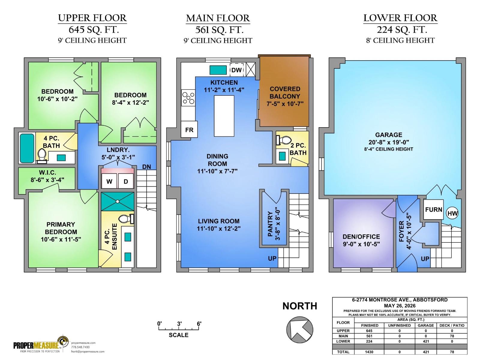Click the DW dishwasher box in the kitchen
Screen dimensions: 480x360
(x=236, y=70)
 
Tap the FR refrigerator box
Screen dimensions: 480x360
(x=189, y=129)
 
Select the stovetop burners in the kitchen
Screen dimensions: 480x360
(x=188, y=98)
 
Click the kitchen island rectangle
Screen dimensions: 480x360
(x=224, y=116)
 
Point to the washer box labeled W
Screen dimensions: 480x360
(x=109, y=181)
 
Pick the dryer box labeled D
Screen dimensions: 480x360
(x=126, y=181)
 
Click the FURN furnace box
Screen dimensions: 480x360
(x=433, y=209)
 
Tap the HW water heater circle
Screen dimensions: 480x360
(x=452, y=213)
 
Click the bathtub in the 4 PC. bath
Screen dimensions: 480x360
(x=27, y=148)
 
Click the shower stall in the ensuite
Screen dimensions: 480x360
(x=117, y=202)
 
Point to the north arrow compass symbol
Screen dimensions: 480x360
(x=300, y=330)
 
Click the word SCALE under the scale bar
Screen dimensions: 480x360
(x=178, y=335)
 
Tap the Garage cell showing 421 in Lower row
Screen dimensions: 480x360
(x=426, y=341)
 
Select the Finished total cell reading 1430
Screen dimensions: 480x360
(x=369, y=352)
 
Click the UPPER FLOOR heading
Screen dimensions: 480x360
(x=92, y=18)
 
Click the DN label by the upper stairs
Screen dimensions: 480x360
(x=146, y=167)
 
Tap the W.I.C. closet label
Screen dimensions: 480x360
(x=47, y=172)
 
